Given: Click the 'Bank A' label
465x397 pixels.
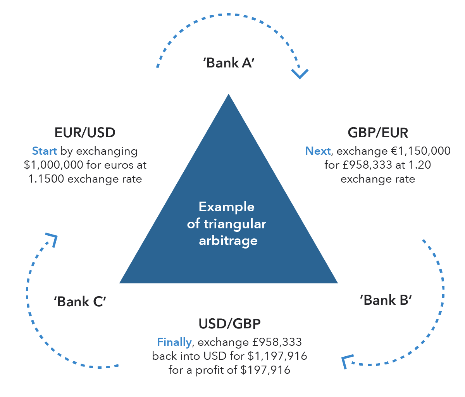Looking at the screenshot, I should coord(228,63).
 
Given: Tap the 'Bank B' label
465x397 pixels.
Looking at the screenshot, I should coord(386,300).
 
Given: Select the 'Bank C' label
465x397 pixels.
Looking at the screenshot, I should coord(79,302).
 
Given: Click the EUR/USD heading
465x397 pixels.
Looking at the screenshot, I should coord(85,133).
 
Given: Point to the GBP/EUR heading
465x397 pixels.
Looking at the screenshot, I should coord(378,133).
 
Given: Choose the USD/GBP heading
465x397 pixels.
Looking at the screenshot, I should coord(229,323).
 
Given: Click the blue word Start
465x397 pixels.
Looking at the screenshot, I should coord(44,151).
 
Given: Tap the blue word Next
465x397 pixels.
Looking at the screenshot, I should coord(318,151).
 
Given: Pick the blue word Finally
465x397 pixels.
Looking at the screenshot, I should coord(174,342).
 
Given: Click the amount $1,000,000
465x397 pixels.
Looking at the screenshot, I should coord(54,165).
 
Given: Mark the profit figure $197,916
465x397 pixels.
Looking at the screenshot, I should coord(265,370).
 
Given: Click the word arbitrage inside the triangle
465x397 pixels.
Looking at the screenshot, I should coord(228,241).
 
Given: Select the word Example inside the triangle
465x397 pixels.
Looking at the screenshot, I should coord(227,207).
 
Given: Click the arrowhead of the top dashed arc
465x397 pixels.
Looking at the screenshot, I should coord(300,74).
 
